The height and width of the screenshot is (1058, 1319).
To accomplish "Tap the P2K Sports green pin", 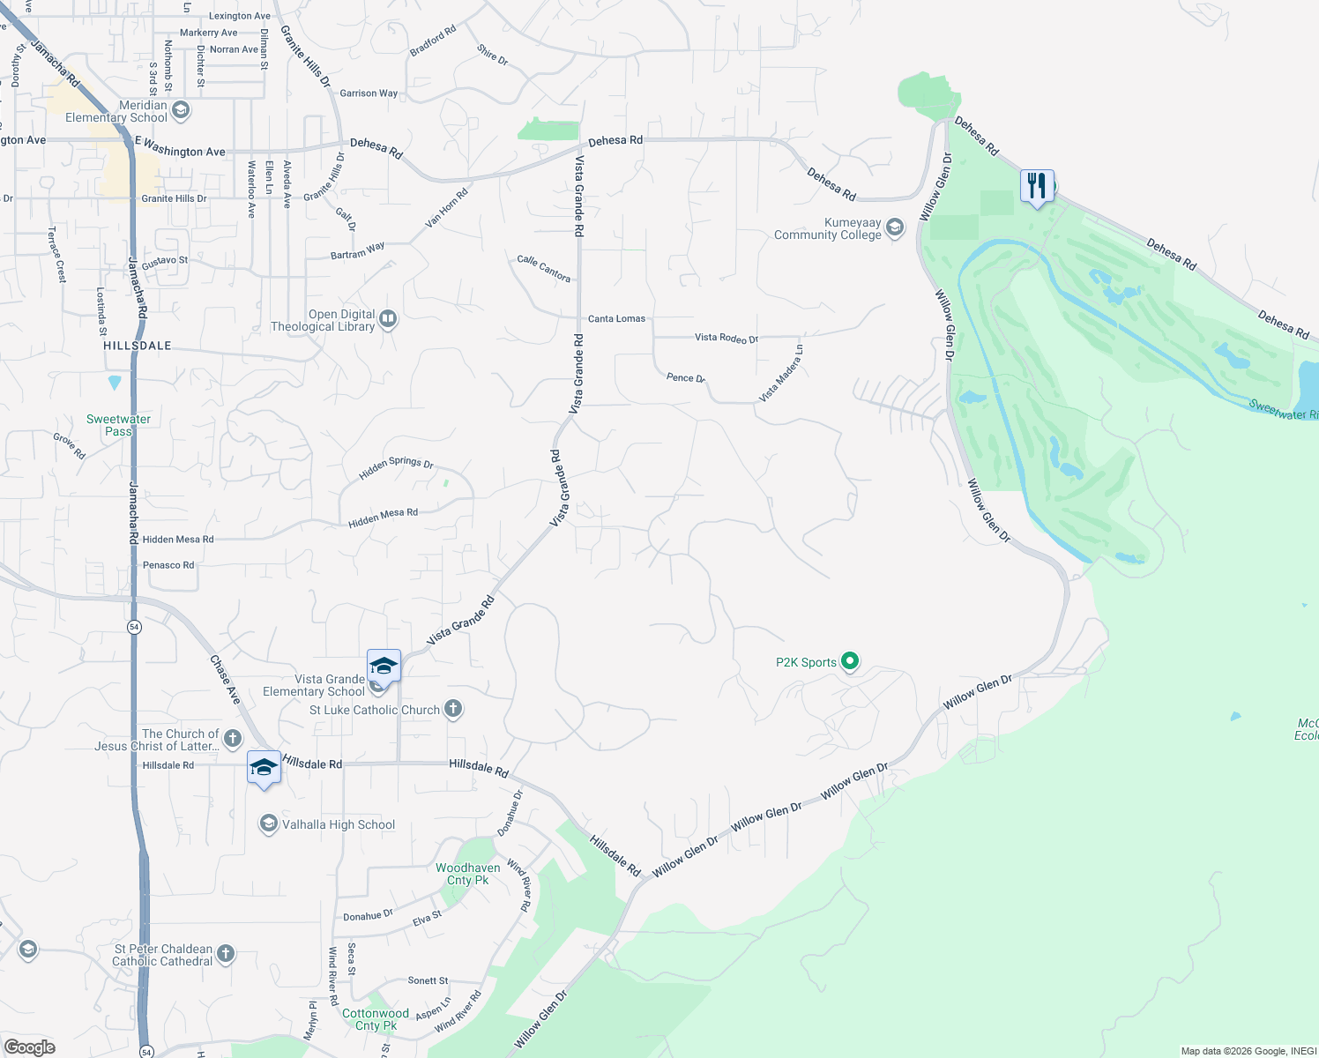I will (x=850, y=661).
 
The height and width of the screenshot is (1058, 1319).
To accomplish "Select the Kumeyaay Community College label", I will (x=828, y=229).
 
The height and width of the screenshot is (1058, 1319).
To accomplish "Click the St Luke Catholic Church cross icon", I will (x=453, y=709).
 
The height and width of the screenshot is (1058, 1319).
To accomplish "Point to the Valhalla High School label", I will (x=339, y=824).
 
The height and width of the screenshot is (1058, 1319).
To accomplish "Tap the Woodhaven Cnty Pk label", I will (x=468, y=874).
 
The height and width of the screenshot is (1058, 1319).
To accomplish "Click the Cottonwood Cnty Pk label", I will (x=376, y=1019).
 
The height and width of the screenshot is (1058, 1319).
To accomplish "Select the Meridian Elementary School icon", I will (x=181, y=110).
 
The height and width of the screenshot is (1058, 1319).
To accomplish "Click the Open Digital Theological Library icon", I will (x=388, y=319).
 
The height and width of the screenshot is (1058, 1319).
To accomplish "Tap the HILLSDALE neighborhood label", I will (x=138, y=346).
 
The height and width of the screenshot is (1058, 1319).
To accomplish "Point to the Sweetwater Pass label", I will (x=118, y=425).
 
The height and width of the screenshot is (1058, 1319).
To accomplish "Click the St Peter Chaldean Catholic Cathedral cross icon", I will (x=226, y=953).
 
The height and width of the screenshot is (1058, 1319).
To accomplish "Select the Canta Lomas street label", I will (x=617, y=318).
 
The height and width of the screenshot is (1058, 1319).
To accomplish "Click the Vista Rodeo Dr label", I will (x=726, y=338).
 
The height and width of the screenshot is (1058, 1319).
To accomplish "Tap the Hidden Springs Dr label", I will (x=396, y=467).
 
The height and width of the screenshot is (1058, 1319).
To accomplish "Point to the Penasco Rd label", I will (x=168, y=565).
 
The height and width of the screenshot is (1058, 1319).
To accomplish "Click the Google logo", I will (x=30, y=1047).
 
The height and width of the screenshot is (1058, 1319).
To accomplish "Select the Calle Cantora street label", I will (x=544, y=268).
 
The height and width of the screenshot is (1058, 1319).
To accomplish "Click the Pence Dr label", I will (x=685, y=378).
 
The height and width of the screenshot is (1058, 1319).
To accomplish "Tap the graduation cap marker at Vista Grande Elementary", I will (x=384, y=666).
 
